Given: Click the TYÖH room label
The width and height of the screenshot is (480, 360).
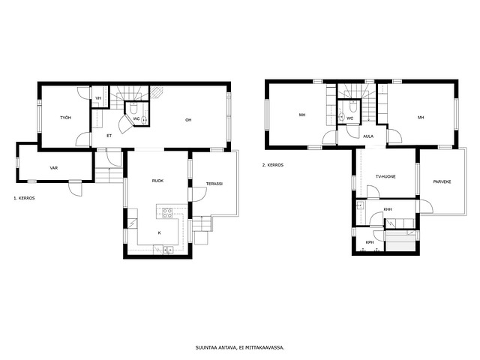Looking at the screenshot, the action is tap(65, 118).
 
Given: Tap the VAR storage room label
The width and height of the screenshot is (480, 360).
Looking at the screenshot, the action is tap(54, 168).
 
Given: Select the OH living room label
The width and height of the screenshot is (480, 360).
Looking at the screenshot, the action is tap(188, 120).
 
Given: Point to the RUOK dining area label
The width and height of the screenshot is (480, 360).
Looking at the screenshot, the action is tap(157, 181).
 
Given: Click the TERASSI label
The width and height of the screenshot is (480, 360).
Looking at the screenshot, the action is tap(214, 184).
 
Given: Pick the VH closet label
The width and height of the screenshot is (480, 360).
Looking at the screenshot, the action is tap(98, 98).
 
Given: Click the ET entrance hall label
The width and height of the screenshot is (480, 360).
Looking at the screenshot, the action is tap(109, 136).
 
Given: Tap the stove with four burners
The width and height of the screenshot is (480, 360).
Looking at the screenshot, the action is tap(167, 213).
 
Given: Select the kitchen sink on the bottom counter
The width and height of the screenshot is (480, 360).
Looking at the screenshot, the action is tap(168, 250).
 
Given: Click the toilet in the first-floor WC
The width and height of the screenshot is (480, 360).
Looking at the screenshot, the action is tap(133, 108).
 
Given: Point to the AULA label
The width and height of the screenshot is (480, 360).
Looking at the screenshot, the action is tap(368, 136).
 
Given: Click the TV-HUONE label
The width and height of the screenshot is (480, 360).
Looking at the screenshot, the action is tap(385, 177).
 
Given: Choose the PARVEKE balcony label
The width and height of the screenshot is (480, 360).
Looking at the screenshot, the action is tap(442, 181).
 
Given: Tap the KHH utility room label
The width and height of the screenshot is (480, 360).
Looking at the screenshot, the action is tap(388, 209).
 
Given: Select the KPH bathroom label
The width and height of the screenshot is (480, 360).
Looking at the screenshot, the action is tap(370, 242).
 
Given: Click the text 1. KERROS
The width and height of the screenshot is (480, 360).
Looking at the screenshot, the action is tap(24, 198).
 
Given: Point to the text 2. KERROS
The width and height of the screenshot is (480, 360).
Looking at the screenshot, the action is tap(273, 165).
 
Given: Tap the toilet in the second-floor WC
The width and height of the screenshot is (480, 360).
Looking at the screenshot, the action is tap(352, 106).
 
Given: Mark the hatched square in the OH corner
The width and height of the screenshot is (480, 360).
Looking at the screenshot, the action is tap(157, 92).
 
